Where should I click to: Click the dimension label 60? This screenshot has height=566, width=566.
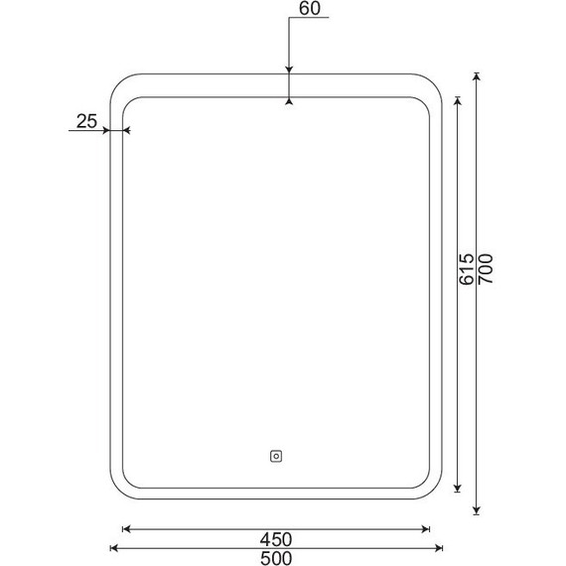pyautogui.click(x=310, y=8)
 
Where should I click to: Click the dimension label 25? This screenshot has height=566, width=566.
pyautogui.click(x=86, y=121)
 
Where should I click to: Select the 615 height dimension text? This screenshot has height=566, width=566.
pyautogui.click(x=466, y=269)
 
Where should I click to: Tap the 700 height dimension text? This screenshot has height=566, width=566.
pyautogui.click(x=486, y=269)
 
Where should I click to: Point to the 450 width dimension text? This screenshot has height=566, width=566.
pyautogui.click(x=276, y=539)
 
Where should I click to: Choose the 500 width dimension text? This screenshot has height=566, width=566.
pyautogui.click(x=276, y=558)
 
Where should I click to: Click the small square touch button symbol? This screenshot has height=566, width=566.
pyautogui.click(x=276, y=456)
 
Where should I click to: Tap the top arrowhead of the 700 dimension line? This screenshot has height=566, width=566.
pyautogui.click(x=477, y=75)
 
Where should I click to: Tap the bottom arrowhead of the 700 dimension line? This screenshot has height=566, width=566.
pyautogui.click(x=477, y=510)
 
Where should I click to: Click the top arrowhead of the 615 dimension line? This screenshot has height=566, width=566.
pyautogui.click(x=458, y=100)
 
